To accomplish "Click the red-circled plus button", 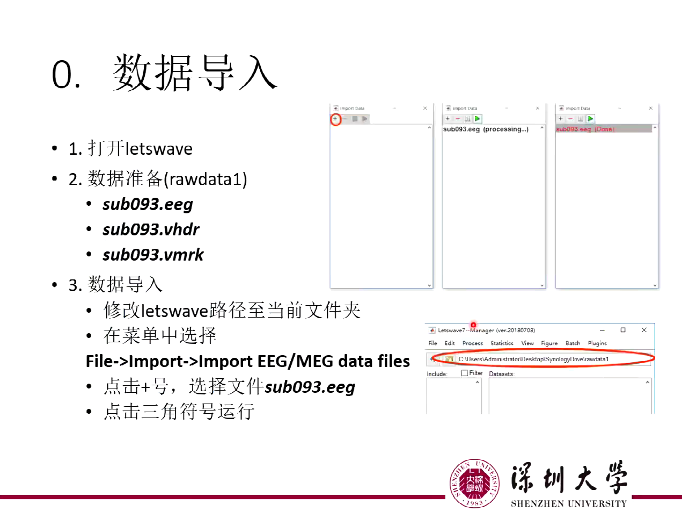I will [335, 119].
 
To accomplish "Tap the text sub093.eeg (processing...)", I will [486, 129].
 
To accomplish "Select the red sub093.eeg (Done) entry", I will [585, 129].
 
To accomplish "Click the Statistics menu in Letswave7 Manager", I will [502, 343].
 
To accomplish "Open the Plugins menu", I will [597, 343].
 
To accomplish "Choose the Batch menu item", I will [573, 343].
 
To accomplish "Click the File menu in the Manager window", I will [432, 343].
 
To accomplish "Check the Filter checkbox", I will [465, 373].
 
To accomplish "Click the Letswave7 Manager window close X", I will [644, 330].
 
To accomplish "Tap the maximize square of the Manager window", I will [623, 330].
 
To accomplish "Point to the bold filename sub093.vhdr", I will [151, 229].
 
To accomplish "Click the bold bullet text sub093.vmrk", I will [153, 254].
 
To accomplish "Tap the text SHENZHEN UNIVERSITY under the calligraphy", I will [568, 504].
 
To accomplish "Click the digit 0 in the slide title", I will [62, 75].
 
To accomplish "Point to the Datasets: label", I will [502, 374].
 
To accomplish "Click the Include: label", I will [437, 374].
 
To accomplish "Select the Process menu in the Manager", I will [472, 343].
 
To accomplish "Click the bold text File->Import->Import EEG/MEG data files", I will [248, 361].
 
